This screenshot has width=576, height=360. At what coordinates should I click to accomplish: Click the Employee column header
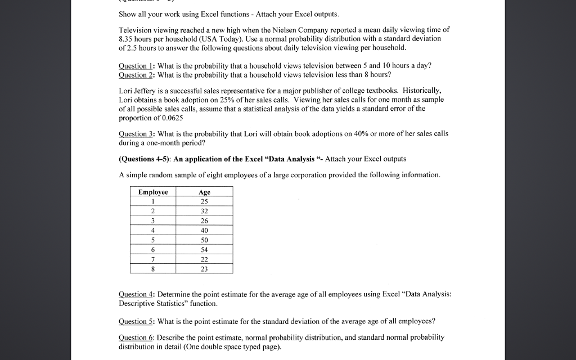click(x=153, y=192)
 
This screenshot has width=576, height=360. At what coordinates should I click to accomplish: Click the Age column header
click(x=204, y=192)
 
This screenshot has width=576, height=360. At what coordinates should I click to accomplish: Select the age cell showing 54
click(x=204, y=249)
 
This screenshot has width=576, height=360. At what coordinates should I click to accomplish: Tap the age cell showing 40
click(x=204, y=230)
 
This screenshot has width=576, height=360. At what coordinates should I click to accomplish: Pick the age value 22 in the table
click(x=204, y=259)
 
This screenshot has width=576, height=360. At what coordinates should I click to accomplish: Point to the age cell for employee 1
click(x=204, y=201)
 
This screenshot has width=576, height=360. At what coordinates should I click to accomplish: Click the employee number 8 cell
click(x=153, y=268)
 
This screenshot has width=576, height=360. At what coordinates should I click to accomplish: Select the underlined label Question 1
click(x=137, y=65)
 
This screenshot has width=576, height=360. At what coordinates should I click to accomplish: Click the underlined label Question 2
click(x=137, y=74)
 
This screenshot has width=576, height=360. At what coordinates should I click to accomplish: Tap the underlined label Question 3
click(x=137, y=134)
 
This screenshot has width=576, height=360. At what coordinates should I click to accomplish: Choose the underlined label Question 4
click(x=137, y=294)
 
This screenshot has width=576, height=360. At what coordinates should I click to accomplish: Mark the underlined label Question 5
click(x=137, y=321)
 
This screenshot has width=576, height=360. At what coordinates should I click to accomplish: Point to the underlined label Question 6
click(x=137, y=337)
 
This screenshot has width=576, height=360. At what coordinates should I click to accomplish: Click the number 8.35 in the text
click(x=128, y=38)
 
